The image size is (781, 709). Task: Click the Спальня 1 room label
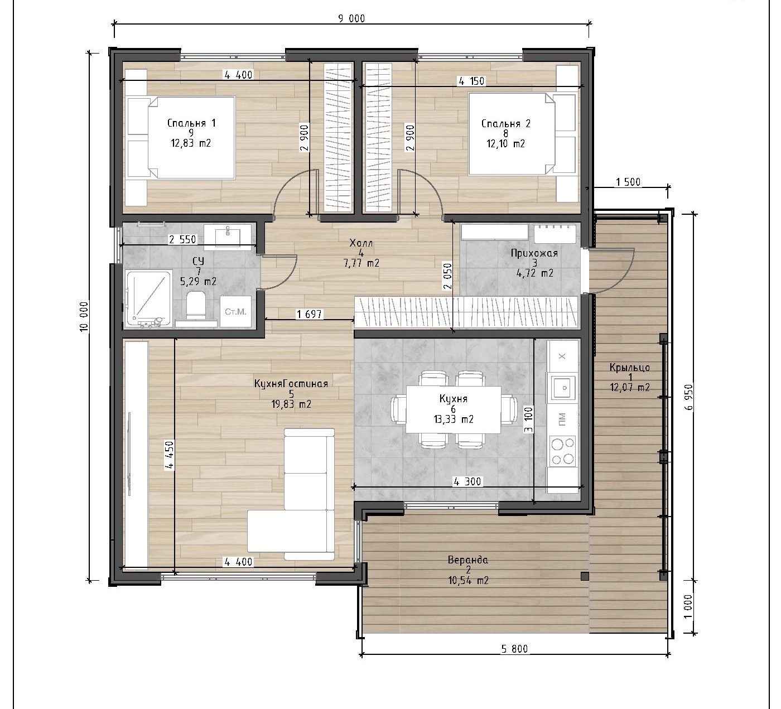click(191, 123)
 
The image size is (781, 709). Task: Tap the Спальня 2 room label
click(506, 123)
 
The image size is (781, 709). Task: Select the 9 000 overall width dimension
click(351, 19)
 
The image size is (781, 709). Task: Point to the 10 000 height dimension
click(84, 316)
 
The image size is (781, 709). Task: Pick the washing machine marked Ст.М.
click(235, 312)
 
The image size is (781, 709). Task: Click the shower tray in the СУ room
click(149, 298)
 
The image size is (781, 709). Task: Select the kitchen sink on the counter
click(562, 387)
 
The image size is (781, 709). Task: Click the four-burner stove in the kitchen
click(562, 450)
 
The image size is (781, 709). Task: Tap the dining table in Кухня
click(454, 409)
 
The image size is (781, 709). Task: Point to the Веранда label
click(467, 560)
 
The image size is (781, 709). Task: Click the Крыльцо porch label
click(630, 367)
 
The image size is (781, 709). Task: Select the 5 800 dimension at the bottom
click(514, 649)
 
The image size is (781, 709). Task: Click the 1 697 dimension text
click(310, 314)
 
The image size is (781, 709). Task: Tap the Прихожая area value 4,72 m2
click(535, 273)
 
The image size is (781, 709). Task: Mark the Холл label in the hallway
click(361, 243)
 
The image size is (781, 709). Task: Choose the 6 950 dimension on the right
click(689, 397)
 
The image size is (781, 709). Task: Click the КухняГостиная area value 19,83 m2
click(291, 404)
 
